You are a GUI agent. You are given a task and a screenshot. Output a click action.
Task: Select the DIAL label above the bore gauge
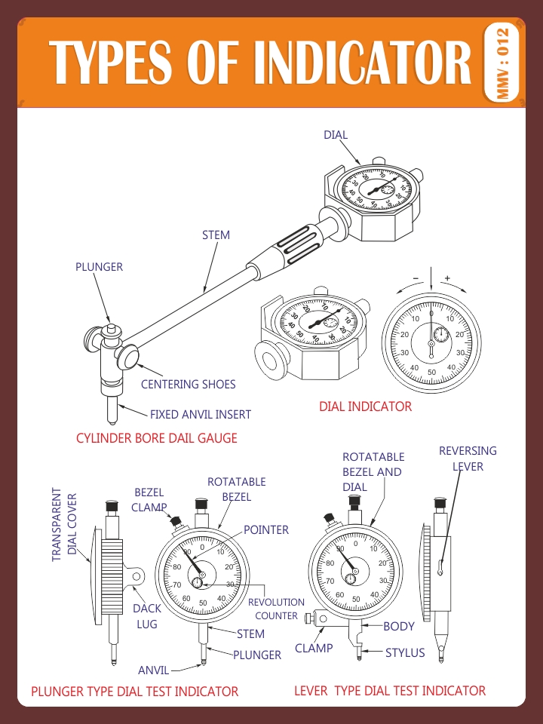[x=336, y=135]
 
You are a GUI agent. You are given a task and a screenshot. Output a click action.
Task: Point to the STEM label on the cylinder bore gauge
[x=216, y=235]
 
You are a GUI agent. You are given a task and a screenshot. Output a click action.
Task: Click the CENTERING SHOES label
[x=189, y=385]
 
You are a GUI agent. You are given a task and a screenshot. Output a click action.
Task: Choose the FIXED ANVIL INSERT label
[x=201, y=415]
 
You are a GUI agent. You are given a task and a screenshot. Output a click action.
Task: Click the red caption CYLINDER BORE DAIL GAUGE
[x=157, y=438]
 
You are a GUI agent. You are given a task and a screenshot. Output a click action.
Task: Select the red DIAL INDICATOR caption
[x=365, y=406]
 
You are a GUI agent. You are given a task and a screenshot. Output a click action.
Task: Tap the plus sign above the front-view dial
[x=447, y=278]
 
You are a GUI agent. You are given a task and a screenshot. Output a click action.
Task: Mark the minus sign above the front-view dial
[x=415, y=278]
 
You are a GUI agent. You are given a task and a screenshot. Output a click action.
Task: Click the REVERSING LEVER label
[x=468, y=459]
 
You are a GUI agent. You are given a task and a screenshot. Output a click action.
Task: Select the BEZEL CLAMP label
[x=149, y=500]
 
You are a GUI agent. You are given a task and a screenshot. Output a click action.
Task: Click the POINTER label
[x=265, y=530]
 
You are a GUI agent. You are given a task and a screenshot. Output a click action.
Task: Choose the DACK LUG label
[x=147, y=616]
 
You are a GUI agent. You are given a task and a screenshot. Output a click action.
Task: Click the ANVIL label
[x=154, y=670]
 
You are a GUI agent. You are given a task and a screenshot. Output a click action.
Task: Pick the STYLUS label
[x=405, y=652]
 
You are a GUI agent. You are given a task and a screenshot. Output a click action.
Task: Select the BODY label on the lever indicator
[x=399, y=626]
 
